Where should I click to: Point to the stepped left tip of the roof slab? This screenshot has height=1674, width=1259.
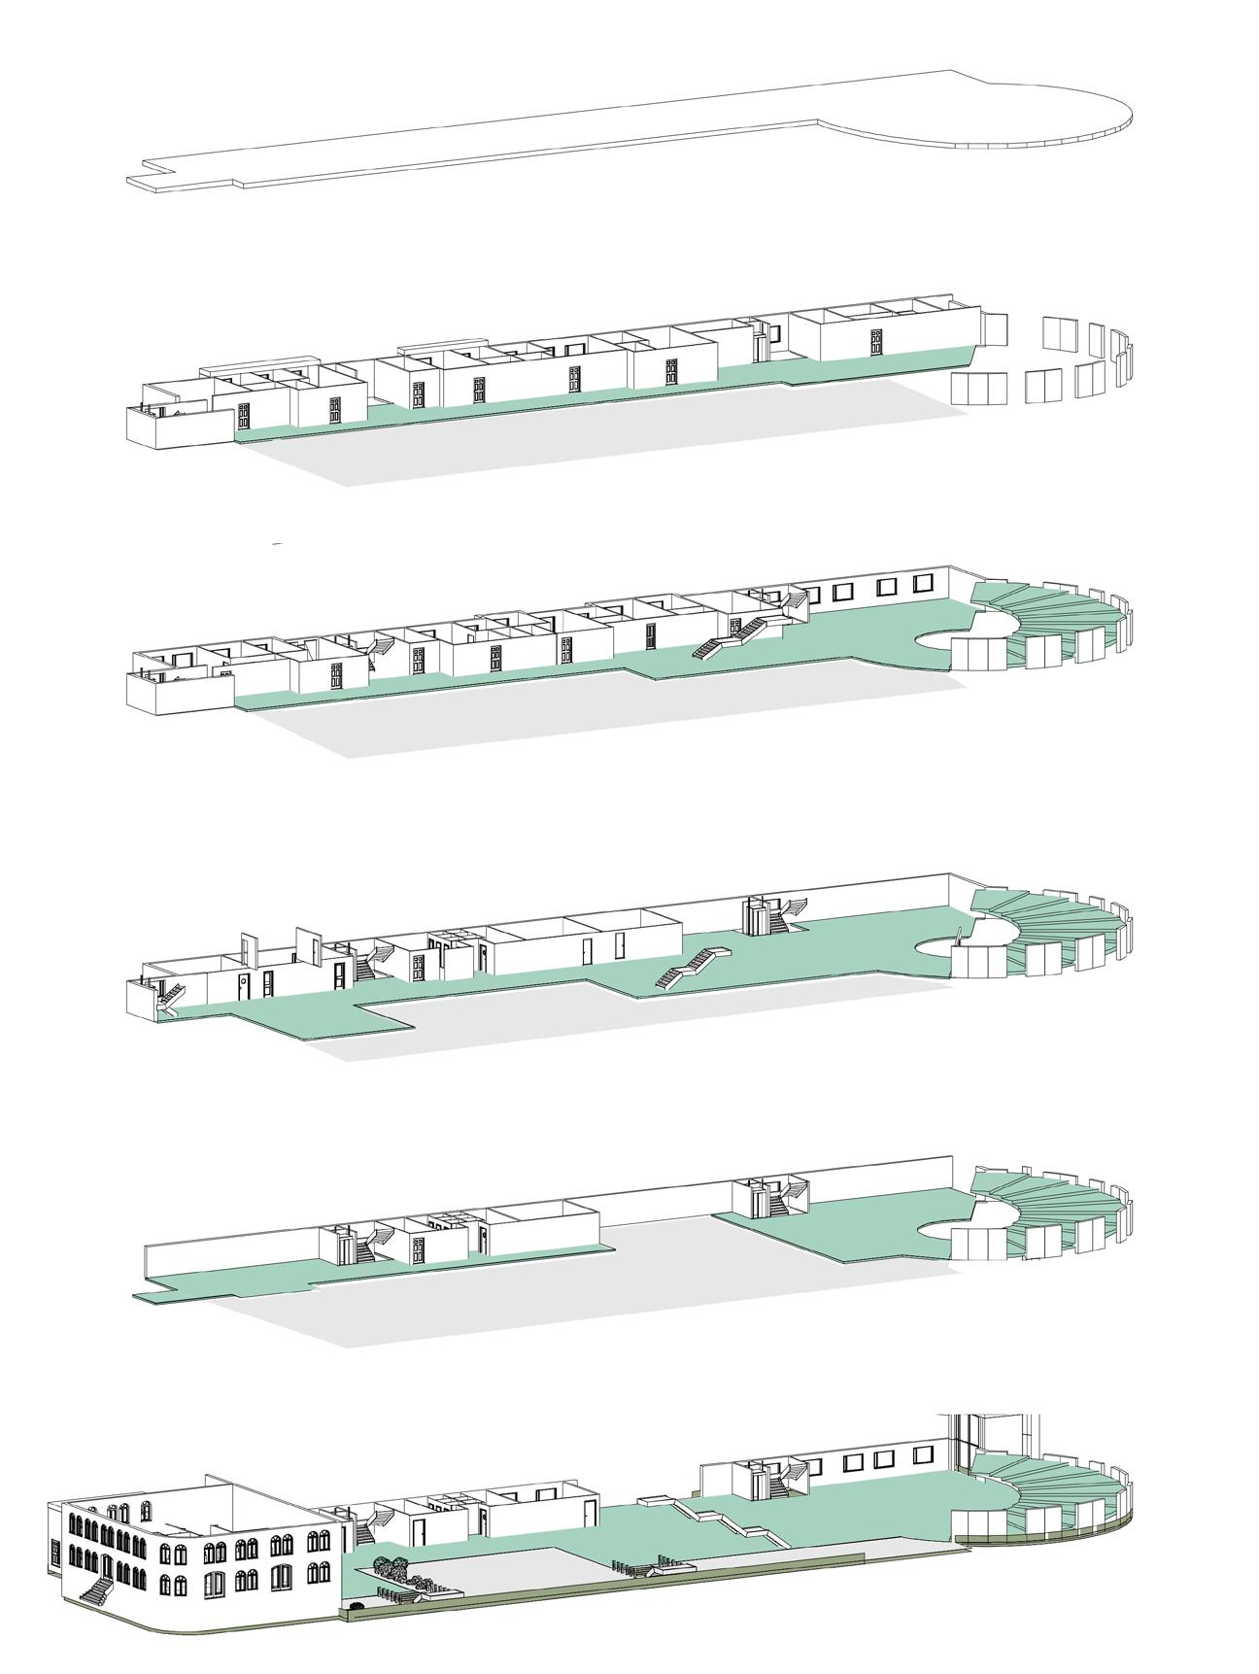146,180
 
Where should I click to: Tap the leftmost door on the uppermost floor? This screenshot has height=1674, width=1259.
244,417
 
